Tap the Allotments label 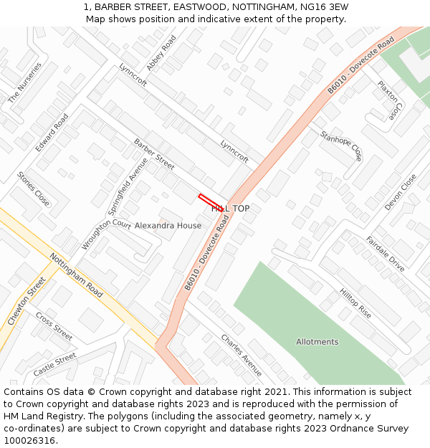tap(317, 342)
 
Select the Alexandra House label tap(168, 225)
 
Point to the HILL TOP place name tap(230, 209)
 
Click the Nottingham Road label tap(76, 275)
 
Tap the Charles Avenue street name tap(241, 355)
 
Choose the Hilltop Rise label tap(355, 304)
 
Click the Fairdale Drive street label tap(385, 254)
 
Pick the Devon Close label tap(401, 192)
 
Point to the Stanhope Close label tap(342, 146)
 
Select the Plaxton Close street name tap(391, 100)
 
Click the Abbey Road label tap(161, 53)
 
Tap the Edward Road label tap(52, 133)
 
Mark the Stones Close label tap(34, 189)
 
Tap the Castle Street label tap(54, 365)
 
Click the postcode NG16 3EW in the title tap(321, 7)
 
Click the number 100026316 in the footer tap(30, 441)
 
